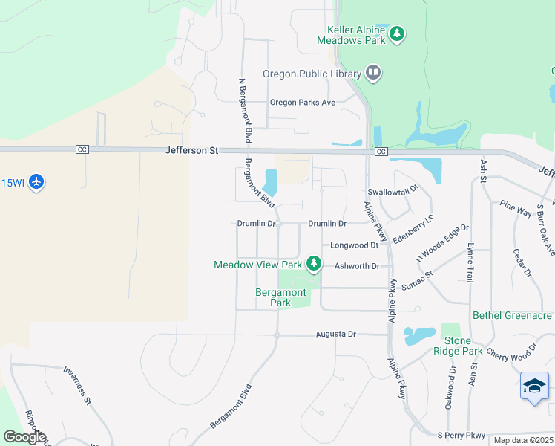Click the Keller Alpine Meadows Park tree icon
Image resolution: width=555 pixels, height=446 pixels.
pos(398,33)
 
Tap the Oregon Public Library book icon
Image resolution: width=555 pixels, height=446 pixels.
pos(373,73)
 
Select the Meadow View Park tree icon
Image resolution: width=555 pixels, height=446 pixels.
pos(314,263)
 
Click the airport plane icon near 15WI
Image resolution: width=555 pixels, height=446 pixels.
pos(36,182)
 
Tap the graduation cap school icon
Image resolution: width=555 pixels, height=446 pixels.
pos(534,386)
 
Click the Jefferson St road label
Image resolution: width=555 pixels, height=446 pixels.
pos(192,150)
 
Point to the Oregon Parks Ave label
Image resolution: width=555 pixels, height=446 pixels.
pos(303,103)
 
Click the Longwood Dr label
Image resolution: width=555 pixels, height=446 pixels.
pos(355,245)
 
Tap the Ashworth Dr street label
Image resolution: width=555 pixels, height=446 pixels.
pos(357,266)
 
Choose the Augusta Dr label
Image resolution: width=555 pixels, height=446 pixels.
pos(335,334)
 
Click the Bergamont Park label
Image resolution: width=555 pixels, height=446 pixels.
pos(280,297)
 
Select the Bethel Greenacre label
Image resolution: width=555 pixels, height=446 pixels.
pos(512,315)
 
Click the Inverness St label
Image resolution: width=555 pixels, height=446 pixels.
pos(76,385)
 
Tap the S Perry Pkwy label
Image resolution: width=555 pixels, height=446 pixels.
pos(461,435)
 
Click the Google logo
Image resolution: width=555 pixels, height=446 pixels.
pos(24,437)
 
